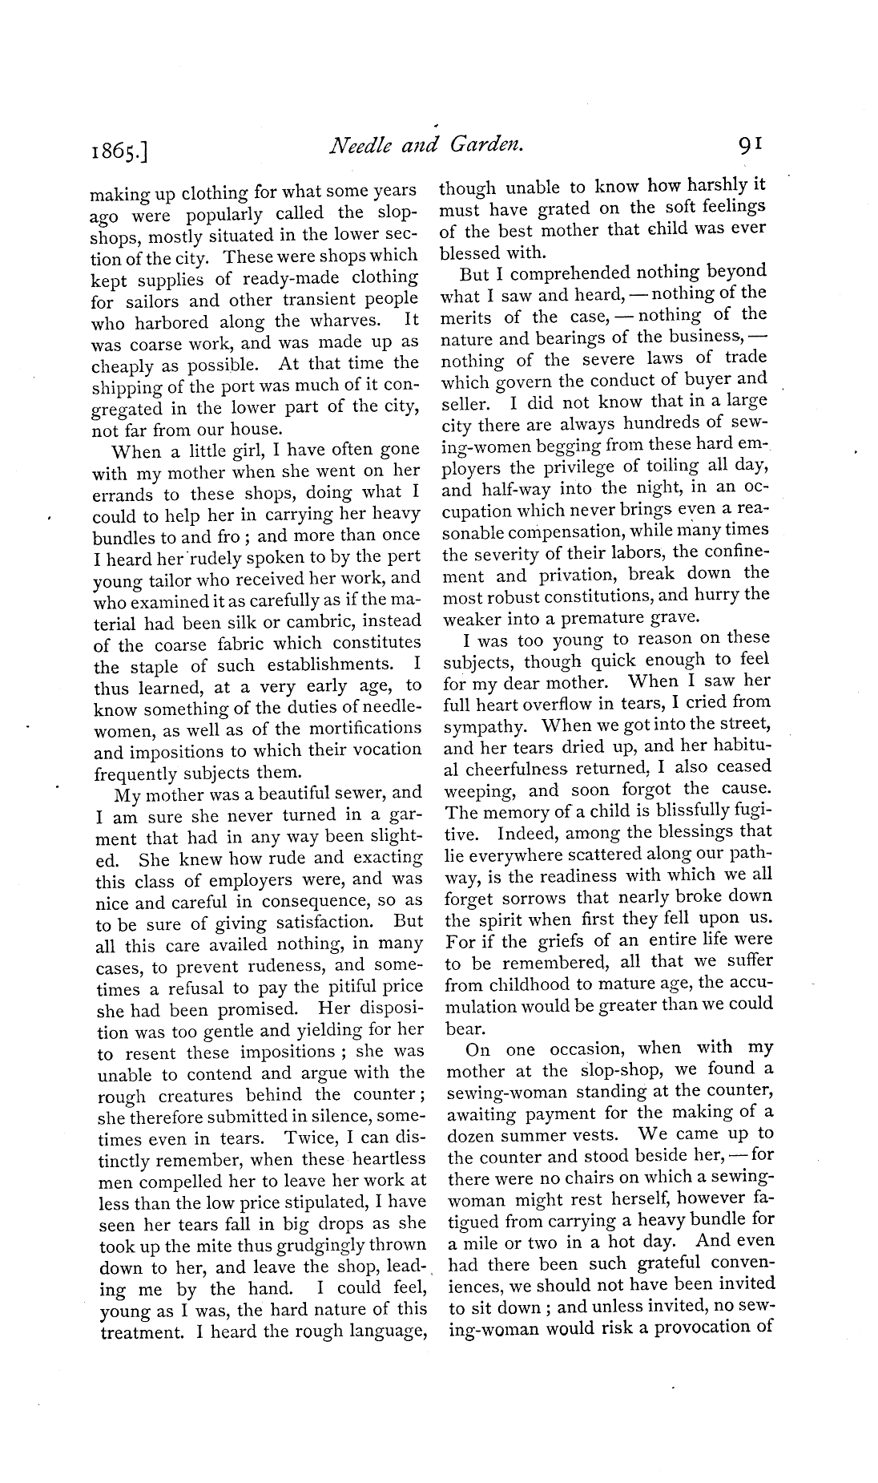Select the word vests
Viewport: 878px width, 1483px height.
coord(597,1135)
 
